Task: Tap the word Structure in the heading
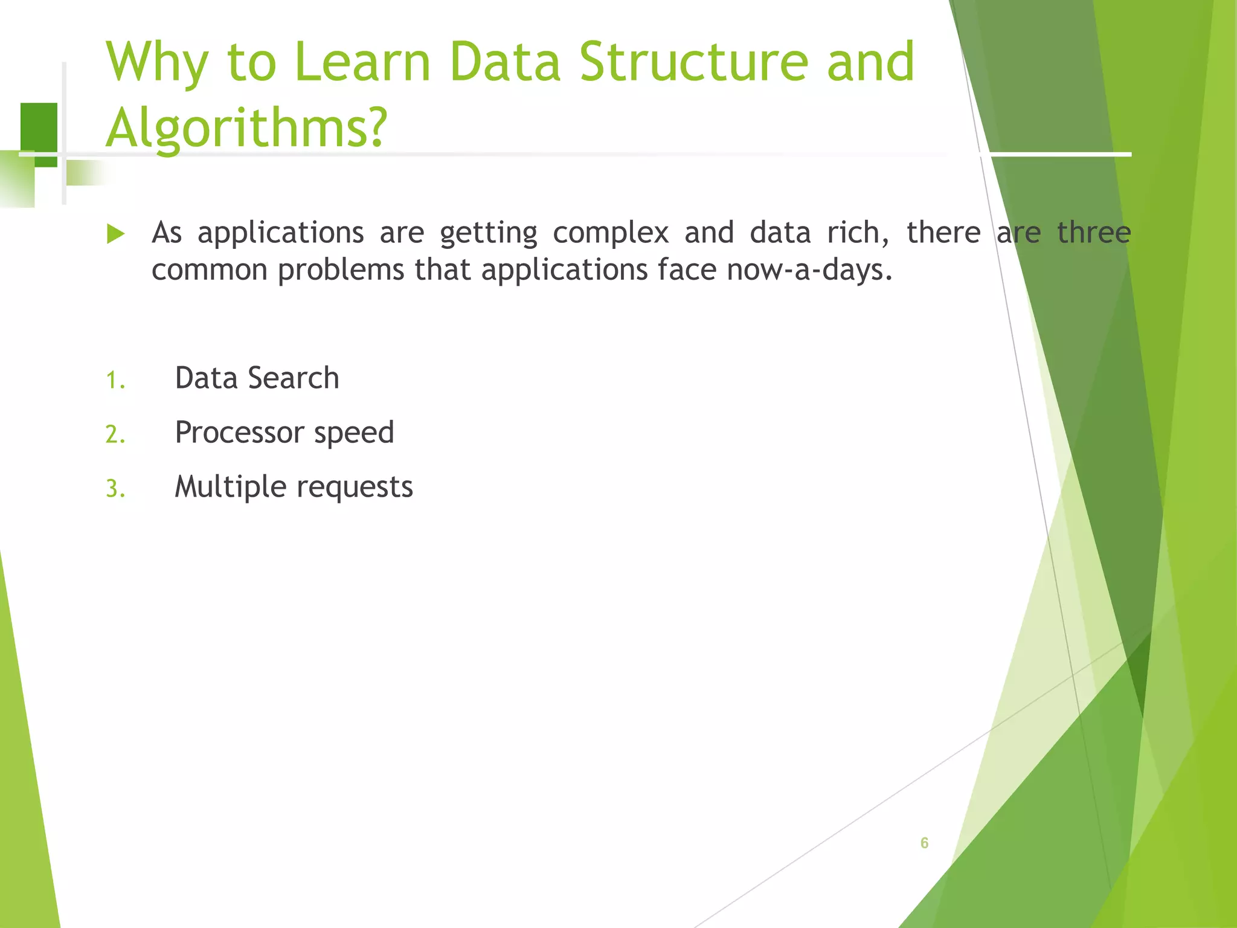pyautogui.click(x=693, y=62)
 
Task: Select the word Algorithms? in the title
pyautogui.click(x=246, y=128)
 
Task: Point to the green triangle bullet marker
pyautogui.click(x=115, y=234)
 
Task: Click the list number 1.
pyautogui.click(x=115, y=381)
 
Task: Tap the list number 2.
pyautogui.click(x=115, y=435)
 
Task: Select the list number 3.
pyautogui.click(x=115, y=489)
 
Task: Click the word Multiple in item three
pyautogui.click(x=230, y=487)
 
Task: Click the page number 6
pyautogui.click(x=924, y=843)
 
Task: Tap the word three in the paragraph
pyautogui.click(x=1093, y=233)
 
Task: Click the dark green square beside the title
pyautogui.click(x=39, y=130)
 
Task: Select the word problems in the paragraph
pyautogui.click(x=341, y=270)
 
